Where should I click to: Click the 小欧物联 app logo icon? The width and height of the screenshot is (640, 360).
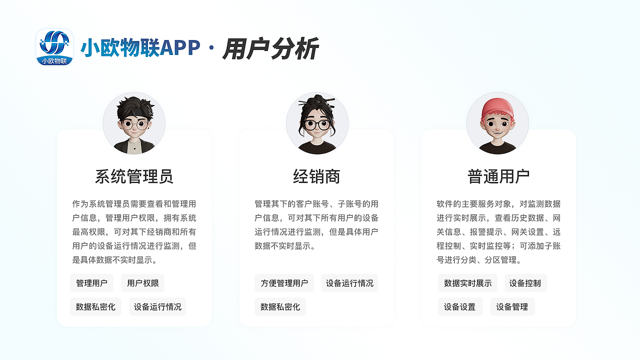(x=54, y=47)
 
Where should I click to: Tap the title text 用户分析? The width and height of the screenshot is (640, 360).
(x=270, y=49)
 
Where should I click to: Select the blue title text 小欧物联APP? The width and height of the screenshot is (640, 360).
(x=140, y=48)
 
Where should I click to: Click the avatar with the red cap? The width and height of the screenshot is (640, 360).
(x=497, y=123)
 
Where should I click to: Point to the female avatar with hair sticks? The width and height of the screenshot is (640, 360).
(x=317, y=123)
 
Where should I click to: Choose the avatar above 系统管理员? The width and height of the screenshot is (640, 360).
(x=134, y=123)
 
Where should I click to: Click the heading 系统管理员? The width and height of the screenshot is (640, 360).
(x=134, y=176)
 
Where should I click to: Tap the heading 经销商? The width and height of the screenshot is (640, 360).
(x=316, y=176)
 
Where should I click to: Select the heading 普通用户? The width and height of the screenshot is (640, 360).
(x=498, y=176)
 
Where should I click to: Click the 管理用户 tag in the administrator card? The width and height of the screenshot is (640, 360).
(x=91, y=283)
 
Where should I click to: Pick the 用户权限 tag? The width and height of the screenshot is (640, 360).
(x=143, y=283)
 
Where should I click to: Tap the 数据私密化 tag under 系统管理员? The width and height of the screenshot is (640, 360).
(x=95, y=306)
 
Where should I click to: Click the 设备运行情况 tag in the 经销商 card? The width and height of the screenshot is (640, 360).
(x=349, y=283)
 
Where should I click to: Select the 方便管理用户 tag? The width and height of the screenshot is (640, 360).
(x=284, y=283)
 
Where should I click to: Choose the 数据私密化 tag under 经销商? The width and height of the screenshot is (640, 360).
(x=280, y=306)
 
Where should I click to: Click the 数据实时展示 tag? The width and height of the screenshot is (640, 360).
(x=467, y=283)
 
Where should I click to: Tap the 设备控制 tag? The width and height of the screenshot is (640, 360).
(x=525, y=283)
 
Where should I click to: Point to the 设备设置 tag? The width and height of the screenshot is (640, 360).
(x=460, y=306)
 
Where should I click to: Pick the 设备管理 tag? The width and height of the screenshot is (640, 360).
(x=512, y=306)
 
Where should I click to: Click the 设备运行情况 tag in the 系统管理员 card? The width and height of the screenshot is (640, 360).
(x=157, y=306)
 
